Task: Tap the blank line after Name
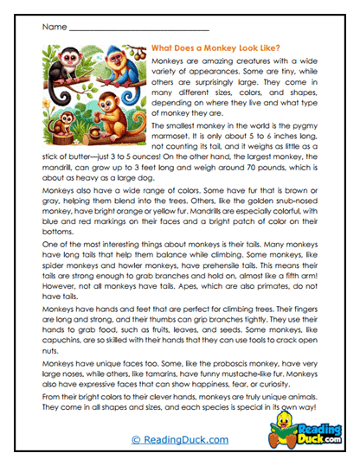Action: [138, 28]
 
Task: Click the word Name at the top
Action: [53, 27]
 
